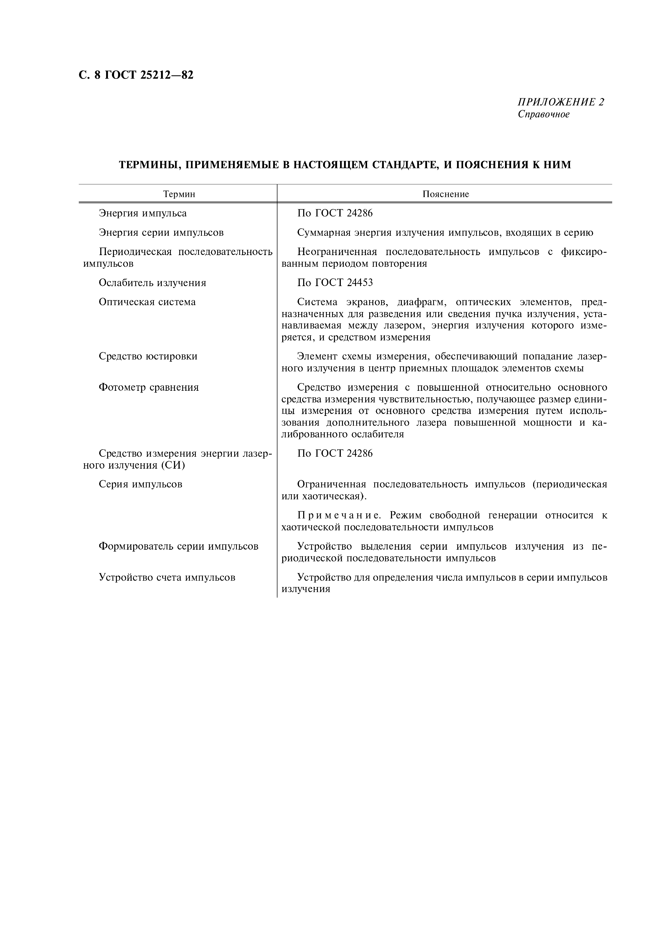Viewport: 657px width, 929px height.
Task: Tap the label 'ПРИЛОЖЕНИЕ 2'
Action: tap(561, 102)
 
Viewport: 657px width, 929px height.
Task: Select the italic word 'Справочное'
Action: tap(543, 114)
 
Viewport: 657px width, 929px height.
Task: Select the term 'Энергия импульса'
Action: tap(143, 213)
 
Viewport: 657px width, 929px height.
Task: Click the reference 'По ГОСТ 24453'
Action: tap(335, 282)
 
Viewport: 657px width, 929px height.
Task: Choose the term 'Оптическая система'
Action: tap(147, 302)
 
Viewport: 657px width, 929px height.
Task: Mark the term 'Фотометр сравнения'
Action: tap(149, 388)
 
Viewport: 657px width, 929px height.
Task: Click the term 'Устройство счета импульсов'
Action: tap(167, 577)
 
